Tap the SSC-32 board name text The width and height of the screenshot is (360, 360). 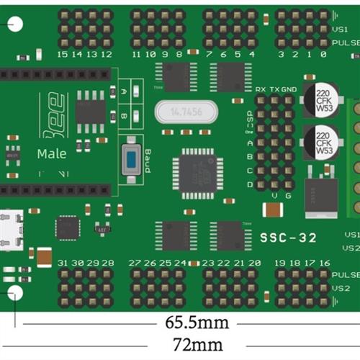click(287, 239)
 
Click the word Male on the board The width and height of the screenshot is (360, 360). click(52, 153)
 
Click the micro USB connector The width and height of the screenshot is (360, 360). click(12, 230)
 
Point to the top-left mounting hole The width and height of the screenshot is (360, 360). click(15, 24)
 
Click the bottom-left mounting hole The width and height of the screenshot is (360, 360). click(15, 292)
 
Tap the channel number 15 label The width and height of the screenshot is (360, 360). click(63, 54)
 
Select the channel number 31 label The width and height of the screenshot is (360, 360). click(63, 263)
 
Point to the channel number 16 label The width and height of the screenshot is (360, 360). click(324, 263)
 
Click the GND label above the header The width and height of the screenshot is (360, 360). click(289, 89)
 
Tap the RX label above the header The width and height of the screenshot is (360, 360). click(261, 89)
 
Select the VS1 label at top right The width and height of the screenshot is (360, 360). click(341, 29)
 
